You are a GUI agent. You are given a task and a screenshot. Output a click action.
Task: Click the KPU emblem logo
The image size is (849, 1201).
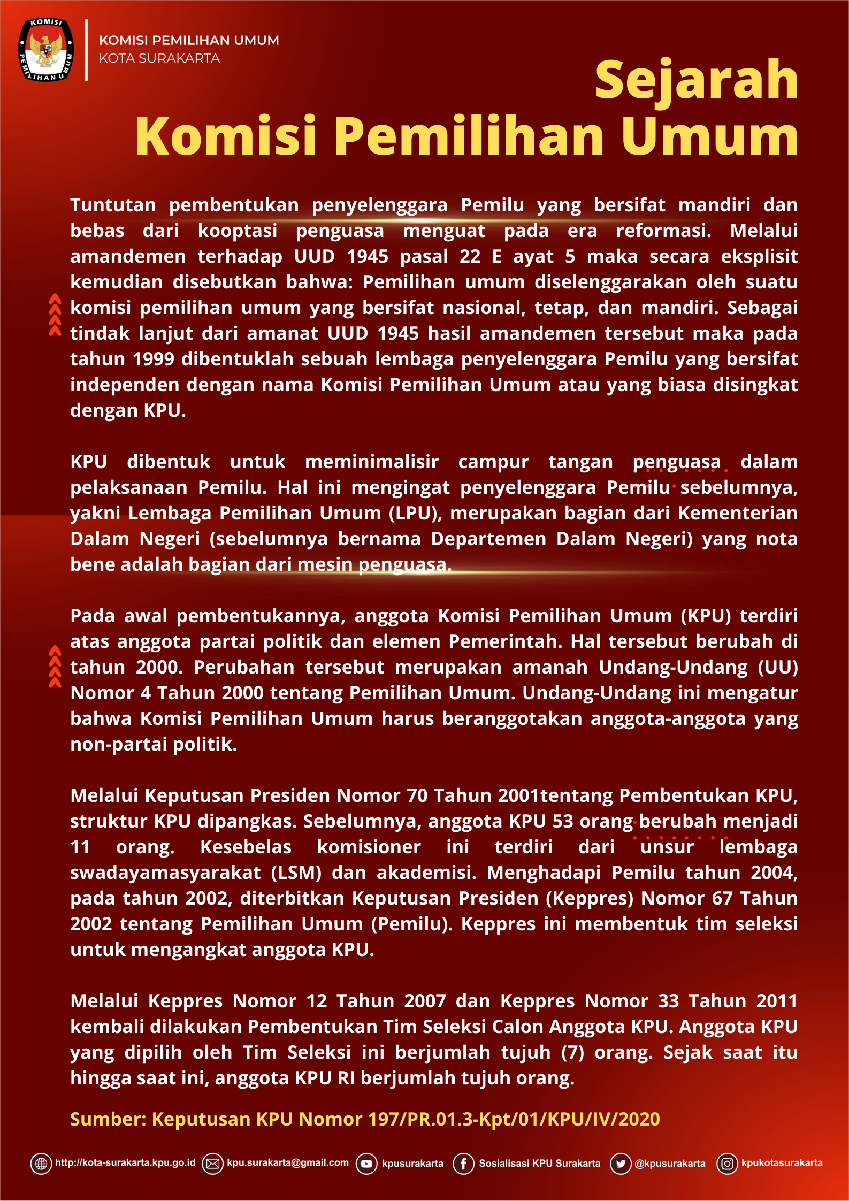point(46,50)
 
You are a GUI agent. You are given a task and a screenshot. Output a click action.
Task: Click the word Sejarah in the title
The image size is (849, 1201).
point(696,80)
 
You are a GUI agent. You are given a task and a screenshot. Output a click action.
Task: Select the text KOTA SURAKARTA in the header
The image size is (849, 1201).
point(159,58)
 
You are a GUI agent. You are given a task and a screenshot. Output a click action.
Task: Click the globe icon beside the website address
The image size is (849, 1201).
point(41,1164)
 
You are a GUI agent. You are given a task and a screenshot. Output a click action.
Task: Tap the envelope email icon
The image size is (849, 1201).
point(212,1164)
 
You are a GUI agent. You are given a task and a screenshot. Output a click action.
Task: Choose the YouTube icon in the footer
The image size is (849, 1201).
point(366,1164)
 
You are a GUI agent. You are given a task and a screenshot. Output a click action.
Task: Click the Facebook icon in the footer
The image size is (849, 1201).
point(463,1164)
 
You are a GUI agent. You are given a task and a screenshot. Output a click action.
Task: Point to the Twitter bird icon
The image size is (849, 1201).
point(621,1164)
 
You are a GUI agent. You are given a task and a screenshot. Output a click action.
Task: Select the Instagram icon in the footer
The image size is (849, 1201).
point(727,1164)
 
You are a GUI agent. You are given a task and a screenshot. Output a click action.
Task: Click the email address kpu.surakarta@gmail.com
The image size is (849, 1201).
point(288,1162)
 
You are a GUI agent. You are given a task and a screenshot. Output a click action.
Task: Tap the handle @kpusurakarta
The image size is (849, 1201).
point(670,1164)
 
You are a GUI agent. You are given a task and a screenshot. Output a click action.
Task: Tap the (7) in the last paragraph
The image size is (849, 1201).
point(572,1052)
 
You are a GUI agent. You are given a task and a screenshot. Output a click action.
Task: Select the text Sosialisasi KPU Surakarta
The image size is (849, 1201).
point(539,1164)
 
